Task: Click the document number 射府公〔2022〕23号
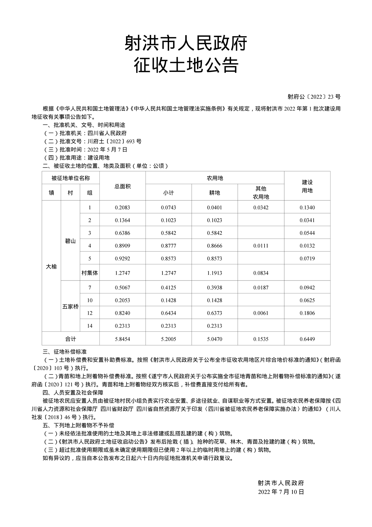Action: click(314, 97)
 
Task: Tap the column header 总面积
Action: click(122, 186)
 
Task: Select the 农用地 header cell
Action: click(215, 178)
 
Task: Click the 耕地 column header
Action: click(215, 193)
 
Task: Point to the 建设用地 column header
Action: click(307, 186)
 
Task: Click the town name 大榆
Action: click(51, 267)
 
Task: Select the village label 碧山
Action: click(70, 241)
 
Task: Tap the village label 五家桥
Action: click(70, 306)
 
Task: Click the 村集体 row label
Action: click(90, 273)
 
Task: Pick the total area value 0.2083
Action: click(122, 208)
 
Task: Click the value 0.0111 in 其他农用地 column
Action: click(261, 246)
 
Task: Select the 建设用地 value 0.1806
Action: click(307, 313)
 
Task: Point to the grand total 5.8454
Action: click(122, 339)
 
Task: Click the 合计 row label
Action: click(70, 339)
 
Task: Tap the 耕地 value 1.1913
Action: click(215, 273)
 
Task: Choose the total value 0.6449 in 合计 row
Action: click(307, 339)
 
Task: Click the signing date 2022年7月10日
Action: click(281, 492)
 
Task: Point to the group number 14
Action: click(90, 326)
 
